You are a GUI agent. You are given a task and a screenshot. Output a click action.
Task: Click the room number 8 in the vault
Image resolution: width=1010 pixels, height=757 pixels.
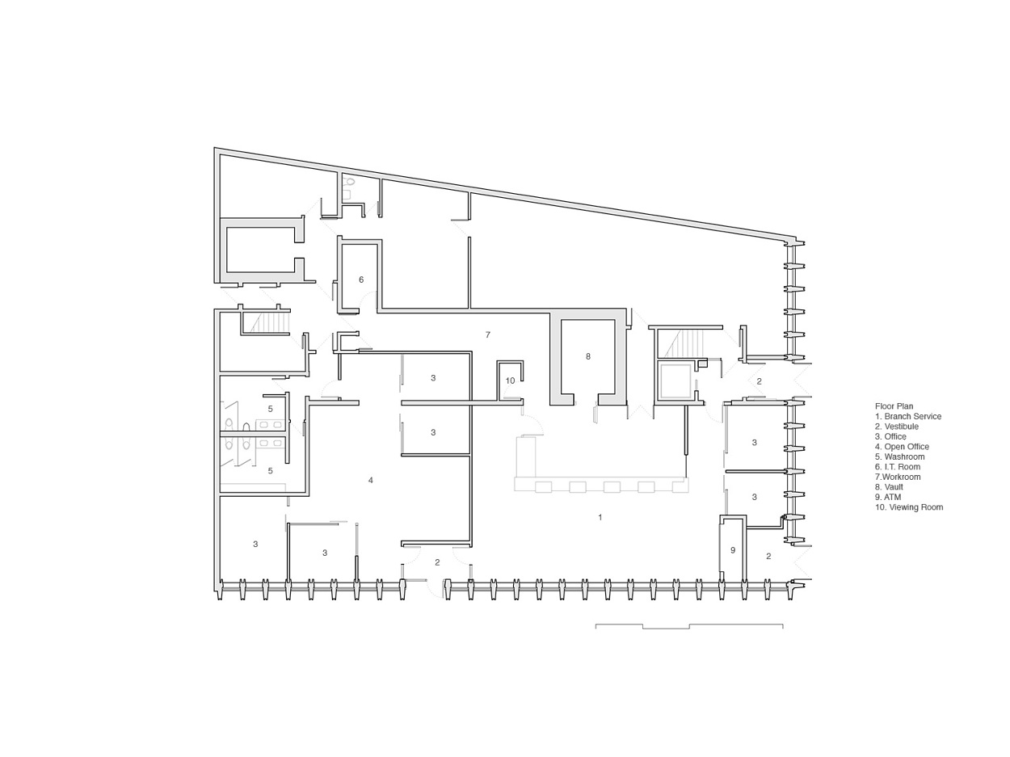(x=588, y=356)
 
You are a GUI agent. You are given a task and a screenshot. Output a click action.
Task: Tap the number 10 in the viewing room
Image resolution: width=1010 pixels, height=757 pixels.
(x=510, y=381)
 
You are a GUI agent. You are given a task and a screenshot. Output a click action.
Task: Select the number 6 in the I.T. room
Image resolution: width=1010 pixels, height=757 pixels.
(x=361, y=280)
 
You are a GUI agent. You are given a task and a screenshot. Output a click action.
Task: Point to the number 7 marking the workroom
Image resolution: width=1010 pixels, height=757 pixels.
(x=487, y=334)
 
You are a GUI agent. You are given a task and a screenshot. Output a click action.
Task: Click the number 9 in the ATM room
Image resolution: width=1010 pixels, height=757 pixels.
(x=733, y=550)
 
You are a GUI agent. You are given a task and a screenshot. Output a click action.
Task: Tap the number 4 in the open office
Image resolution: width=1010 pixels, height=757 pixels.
(x=371, y=480)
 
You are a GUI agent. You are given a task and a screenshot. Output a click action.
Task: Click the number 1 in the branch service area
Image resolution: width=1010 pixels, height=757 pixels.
(x=600, y=517)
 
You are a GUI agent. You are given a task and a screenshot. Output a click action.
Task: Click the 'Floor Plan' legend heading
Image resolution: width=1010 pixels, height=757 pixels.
(x=894, y=406)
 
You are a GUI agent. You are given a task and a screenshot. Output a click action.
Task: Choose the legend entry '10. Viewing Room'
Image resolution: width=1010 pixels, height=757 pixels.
(x=908, y=507)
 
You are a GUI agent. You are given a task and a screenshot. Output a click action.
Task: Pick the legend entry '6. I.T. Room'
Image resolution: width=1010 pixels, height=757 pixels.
(x=897, y=467)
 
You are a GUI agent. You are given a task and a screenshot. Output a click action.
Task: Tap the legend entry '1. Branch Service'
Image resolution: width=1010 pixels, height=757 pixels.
(x=907, y=417)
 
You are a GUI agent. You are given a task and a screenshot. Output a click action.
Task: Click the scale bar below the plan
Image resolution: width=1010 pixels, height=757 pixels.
(x=689, y=626)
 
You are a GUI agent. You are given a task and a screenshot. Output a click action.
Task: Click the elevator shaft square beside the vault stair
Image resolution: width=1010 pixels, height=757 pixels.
(x=675, y=381)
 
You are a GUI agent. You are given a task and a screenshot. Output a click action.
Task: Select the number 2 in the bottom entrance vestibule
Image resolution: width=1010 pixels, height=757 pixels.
(x=437, y=562)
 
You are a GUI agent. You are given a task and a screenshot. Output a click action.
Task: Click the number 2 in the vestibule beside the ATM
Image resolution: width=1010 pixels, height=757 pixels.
(x=768, y=556)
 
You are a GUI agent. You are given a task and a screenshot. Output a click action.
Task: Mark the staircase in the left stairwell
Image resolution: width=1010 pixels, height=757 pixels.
(x=270, y=323)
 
